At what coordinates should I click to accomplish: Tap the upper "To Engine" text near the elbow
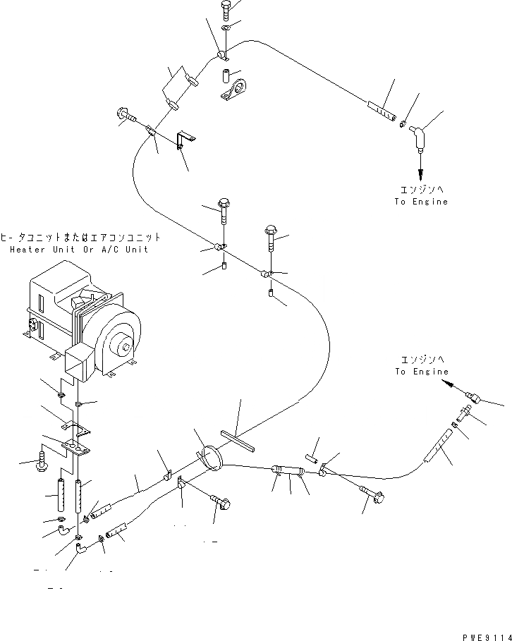click(x=421, y=202)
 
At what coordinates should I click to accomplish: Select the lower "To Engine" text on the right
click(x=421, y=372)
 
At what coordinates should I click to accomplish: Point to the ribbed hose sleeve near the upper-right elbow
click(x=382, y=111)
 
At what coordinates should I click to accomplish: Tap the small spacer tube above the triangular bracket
click(x=225, y=74)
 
